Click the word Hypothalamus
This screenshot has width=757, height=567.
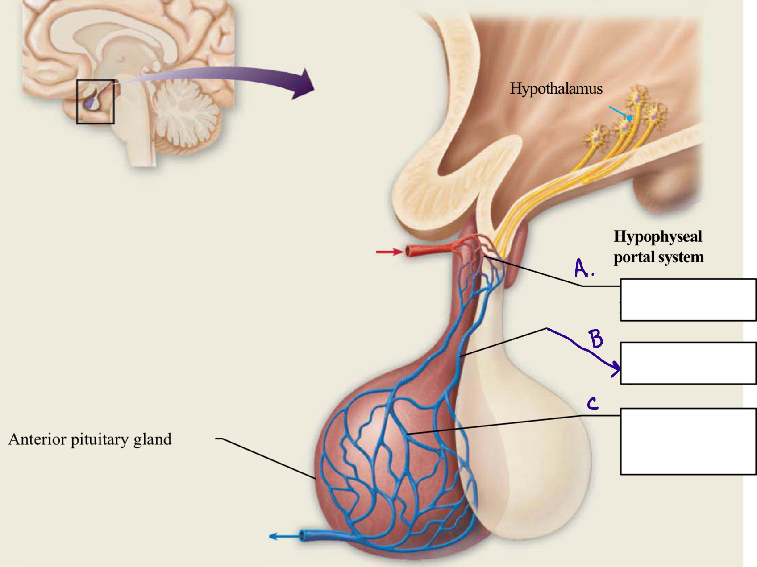tap(556, 88)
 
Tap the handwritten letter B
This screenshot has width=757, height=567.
tap(596, 339)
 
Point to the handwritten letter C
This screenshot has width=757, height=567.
tap(592, 404)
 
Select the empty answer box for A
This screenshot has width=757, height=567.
tap(688, 300)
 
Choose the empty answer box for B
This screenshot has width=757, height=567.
tap(688, 363)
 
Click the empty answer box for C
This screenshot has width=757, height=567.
tap(688, 441)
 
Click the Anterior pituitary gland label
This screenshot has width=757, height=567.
tap(90, 439)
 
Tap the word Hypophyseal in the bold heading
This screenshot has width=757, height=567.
tap(657, 236)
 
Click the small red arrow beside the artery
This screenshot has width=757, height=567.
tap(389, 252)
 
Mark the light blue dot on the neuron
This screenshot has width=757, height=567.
tap(629, 118)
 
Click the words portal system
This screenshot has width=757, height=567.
tap(658, 257)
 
